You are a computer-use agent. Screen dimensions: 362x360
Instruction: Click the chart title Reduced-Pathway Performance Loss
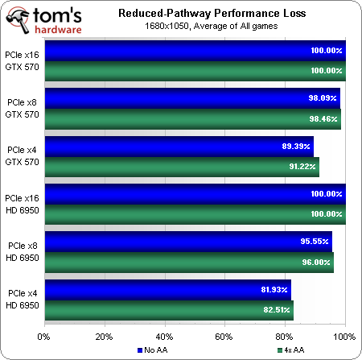coord(212,13)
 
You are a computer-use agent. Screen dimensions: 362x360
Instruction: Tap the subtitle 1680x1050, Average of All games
coord(212,26)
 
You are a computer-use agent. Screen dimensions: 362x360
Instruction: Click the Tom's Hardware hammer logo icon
coord(18,20)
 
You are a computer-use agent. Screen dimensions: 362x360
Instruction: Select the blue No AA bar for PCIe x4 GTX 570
coord(179,147)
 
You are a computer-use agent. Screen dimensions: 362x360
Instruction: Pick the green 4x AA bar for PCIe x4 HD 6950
coord(169,310)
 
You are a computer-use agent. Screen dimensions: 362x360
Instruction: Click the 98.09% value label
coord(323,98)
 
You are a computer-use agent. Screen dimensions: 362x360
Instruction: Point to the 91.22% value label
coord(302,167)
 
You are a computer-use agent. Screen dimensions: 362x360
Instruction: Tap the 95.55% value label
coord(315,241)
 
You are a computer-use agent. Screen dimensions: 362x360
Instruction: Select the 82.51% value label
coord(277,310)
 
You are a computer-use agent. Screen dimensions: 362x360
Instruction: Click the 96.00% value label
coord(316,262)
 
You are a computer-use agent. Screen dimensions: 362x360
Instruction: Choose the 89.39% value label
coord(296,147)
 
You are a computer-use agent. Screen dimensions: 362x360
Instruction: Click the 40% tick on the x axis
coord(164,337)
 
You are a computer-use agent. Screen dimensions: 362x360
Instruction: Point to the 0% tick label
coord(43,337)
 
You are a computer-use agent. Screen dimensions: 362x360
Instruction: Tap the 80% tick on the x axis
coord(284,337)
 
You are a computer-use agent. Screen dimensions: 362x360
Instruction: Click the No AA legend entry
coord(152,350)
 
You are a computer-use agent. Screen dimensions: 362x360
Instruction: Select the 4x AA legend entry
coord(290,350)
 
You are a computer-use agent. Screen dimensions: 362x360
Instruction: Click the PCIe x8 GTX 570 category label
coord(22,109)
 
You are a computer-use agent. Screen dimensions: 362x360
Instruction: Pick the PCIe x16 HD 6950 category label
coord(22,204)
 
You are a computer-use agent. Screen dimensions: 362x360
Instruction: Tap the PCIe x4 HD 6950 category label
coord(23,299)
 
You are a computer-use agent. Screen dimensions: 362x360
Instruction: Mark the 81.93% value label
coord(274,290)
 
